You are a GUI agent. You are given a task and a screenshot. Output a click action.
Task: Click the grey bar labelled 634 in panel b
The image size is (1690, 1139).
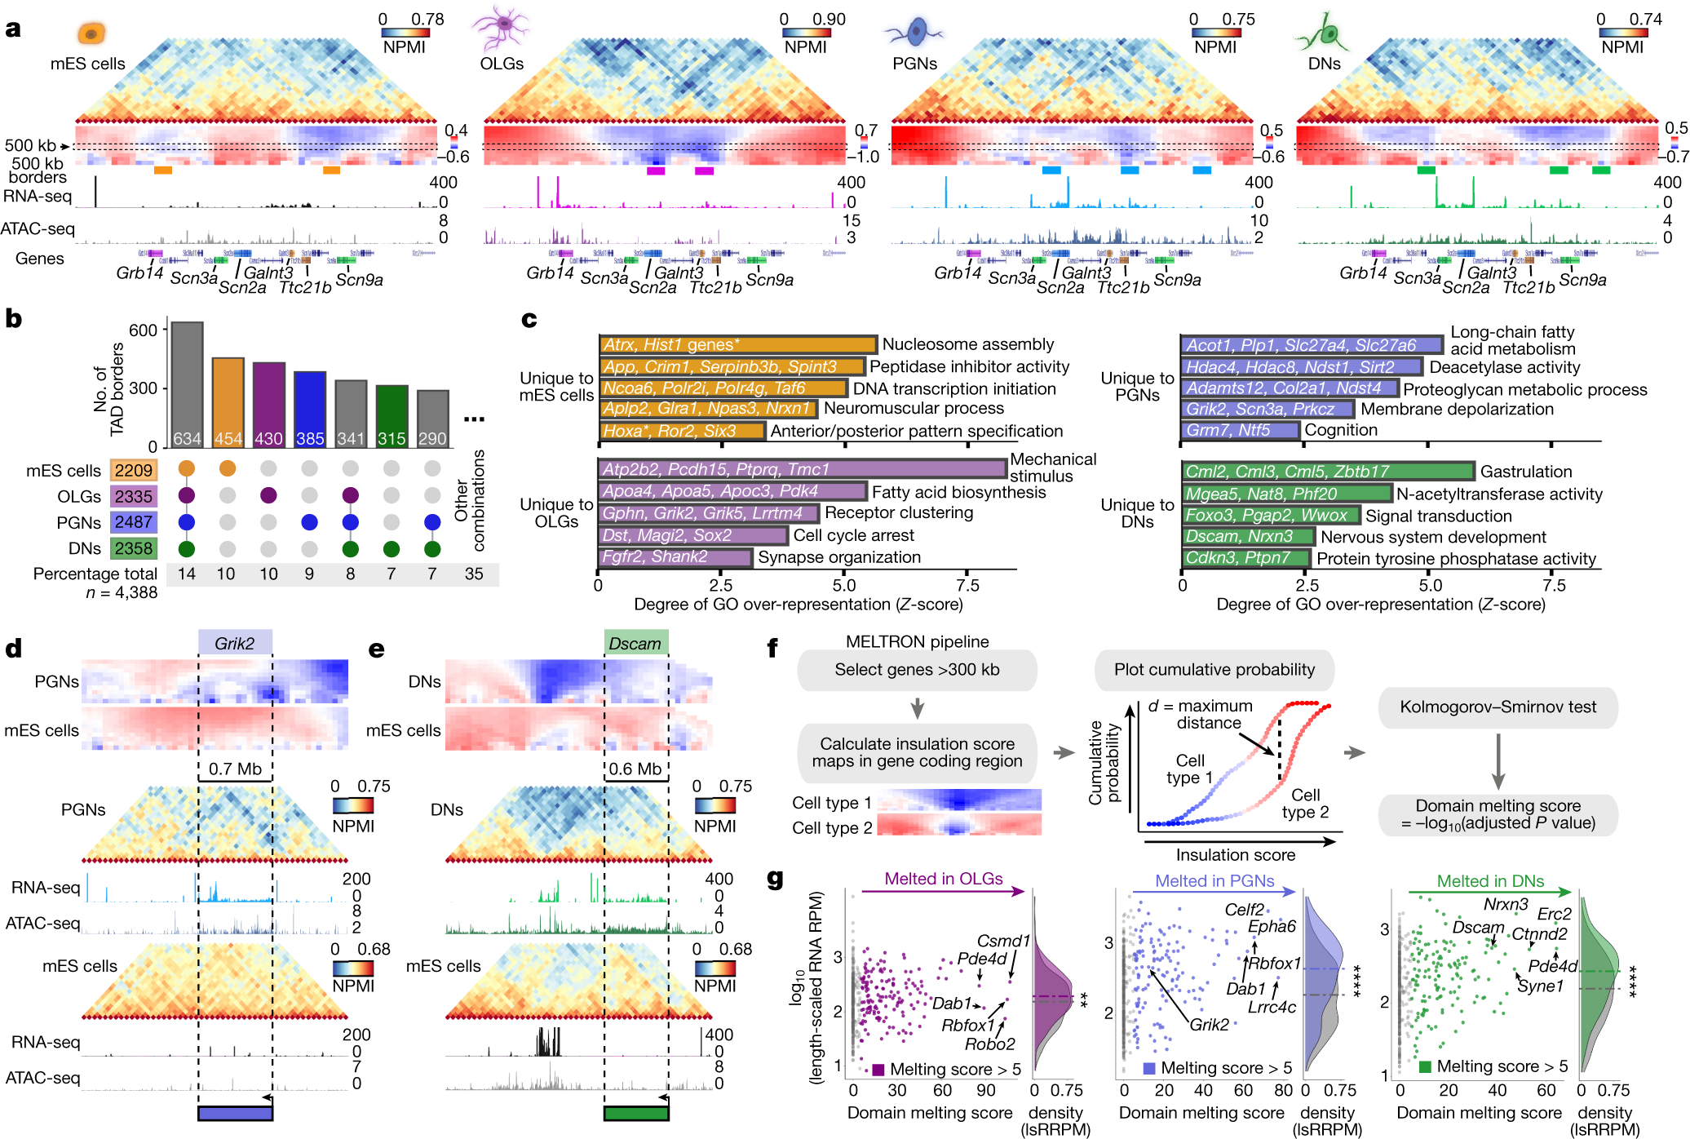pos(187,383)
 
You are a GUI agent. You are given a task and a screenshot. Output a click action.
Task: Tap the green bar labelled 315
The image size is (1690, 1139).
pos(392,416)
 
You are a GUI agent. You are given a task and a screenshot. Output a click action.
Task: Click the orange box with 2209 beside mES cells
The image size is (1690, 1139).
pos(134,470)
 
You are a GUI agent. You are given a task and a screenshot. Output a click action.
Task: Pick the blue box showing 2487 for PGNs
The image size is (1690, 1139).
pos(134,522)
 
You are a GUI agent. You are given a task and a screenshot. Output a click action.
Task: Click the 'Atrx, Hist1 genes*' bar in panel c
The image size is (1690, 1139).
pos(737,344)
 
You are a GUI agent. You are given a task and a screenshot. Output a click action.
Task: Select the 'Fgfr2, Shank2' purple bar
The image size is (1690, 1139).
pos(675,557)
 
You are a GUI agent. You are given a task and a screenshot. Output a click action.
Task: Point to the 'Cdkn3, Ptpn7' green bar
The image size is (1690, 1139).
pos(1245,558)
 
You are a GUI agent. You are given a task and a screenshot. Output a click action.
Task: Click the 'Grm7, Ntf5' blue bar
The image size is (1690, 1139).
pos(1239,430)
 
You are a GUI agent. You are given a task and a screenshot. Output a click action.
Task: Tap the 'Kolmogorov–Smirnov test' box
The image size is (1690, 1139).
pos(1498,707)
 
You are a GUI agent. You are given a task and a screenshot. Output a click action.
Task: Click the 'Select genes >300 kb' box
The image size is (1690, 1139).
pos(917,670)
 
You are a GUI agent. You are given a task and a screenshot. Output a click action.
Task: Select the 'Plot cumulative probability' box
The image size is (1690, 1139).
pos(1214,670)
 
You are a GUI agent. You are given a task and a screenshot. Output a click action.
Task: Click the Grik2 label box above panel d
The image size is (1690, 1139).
pos(235,643)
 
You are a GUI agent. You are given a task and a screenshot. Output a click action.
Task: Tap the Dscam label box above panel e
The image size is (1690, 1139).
pos(635,643)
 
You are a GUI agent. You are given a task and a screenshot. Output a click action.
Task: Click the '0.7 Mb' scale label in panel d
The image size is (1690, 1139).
pos(235,769)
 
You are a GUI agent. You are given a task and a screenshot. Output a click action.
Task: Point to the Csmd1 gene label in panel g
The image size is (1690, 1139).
pos(1002,941)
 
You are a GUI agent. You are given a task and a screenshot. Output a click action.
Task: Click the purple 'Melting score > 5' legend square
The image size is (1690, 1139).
pos(878,1070)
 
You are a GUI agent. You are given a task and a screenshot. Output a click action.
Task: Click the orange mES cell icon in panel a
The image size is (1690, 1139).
pos(91,33)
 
